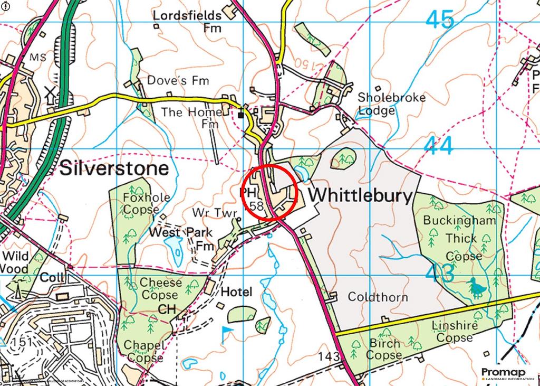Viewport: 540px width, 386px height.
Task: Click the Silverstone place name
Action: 114,168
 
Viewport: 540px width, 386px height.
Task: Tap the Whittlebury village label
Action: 360,195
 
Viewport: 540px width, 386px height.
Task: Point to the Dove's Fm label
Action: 178,81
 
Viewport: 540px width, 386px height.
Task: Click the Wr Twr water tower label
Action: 216,213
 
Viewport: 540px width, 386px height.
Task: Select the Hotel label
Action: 237,292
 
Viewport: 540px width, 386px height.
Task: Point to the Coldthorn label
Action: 378,297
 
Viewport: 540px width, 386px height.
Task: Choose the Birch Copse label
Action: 384,349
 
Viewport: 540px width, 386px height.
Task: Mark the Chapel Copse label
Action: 143,352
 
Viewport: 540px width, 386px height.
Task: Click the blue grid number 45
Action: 439,20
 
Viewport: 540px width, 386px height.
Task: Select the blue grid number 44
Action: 439,146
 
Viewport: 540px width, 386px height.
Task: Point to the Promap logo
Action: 506,373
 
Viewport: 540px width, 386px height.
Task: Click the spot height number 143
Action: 329,357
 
